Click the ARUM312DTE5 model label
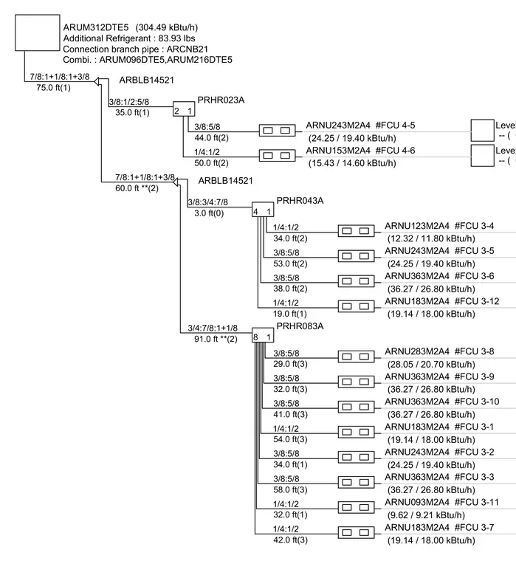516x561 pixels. pyautogui.click(x=95, y=27)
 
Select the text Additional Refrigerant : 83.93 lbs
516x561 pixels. pyautogui.click(x=129, y=38)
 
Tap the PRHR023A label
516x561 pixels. pyautogui.click(x=221, y=100)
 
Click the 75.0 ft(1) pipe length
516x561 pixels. pyautogui.click(x=53, y=88)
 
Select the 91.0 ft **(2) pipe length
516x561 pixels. pyautogui.click(x=216, y=339)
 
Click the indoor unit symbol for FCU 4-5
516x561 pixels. pyautogui.click(x=277, y=131)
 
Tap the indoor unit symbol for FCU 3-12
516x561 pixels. pyautogui.click(x=356, y=306)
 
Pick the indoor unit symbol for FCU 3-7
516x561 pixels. pyautogui.click(x=356, y=532)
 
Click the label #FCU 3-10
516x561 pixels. pyautogui.click(x=477, y=402)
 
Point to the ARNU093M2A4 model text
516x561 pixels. pyautogui.click(x=417, y=503)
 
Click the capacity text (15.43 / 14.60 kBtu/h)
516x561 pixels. pyautogui.click(x=352, y=163)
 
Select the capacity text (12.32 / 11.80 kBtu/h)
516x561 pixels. pyautogui.click(x=431, y=238)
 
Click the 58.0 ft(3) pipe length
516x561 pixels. pyautogui.click(x=290, y=490)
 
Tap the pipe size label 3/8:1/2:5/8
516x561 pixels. pyautogui.click(x=129, y=102)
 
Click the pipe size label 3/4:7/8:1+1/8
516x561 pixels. pyautogui.click(x=213, y=328)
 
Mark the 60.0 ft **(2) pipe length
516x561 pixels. pyautogui.click(x=137, y=188)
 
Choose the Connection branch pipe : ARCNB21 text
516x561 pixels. pyautogui.click(x=135, y=49)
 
